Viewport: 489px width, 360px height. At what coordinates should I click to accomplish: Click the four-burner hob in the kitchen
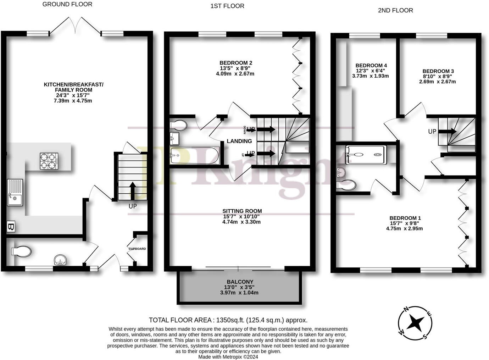point(49,160)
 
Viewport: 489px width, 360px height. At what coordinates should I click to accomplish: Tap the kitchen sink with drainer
point(15,193)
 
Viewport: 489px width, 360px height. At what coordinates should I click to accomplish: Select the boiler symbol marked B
point(11,227)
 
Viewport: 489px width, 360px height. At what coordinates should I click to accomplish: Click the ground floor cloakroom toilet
point(21,251)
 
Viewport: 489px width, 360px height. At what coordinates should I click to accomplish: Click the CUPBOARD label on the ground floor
point(137,249)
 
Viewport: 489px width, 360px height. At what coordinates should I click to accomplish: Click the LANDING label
point(239,141)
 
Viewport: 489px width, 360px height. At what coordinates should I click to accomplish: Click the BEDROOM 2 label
point(236,63)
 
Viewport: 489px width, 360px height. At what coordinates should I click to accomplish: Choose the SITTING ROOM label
point(242,211)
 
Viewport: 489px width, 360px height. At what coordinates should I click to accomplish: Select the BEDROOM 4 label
point(371,65)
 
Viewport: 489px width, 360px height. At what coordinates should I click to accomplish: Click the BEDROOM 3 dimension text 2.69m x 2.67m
point(438,82)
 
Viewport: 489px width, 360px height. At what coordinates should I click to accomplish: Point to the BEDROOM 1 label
point(405,218)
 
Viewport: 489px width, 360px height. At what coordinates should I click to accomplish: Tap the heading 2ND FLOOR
point(395,10)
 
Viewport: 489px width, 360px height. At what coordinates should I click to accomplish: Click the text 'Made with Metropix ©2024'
point(228,357)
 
